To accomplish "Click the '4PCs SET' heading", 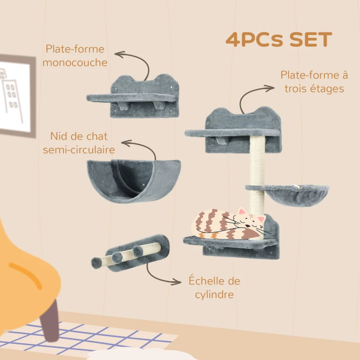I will pos(279,40).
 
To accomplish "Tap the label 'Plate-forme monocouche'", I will pos(75,55).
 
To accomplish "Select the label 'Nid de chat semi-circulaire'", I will pos(79,143).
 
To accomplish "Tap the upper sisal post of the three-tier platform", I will pos(257,160).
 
